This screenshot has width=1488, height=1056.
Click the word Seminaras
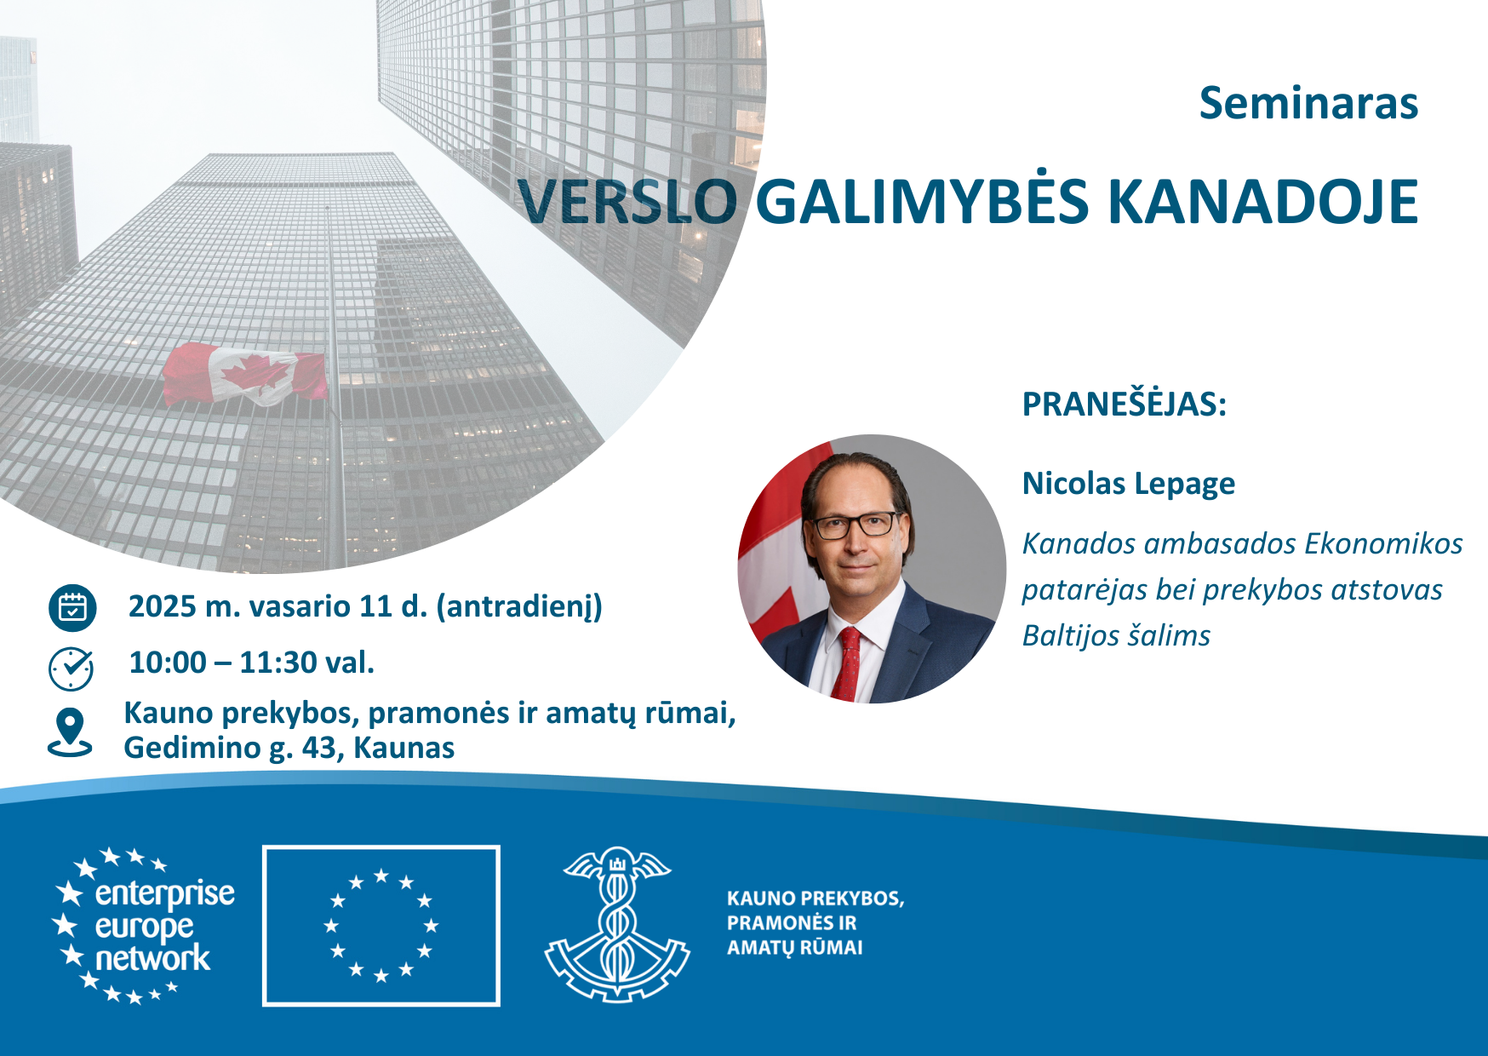click(x=1308, y=103)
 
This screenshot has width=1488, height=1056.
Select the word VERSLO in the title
click(x=627, y=202)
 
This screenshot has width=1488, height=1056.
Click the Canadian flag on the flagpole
click(x=245, y=374)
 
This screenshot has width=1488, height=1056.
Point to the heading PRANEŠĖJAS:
click(x=1124, y=404)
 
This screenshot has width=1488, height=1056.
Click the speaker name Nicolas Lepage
click(x=1128, y=484)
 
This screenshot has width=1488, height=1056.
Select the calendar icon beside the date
click(x=72, y=608)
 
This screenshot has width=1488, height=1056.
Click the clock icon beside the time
click(x=72, y=668)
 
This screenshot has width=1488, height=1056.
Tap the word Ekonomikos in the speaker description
click(x=1383, y=543)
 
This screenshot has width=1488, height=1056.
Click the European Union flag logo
click(x=381, y=926)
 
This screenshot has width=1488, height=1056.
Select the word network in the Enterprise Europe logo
click(x=152, y=958)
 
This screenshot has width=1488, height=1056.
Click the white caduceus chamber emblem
click(x=617, y=924)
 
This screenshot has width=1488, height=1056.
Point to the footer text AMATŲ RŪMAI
click(x=794, y=947)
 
